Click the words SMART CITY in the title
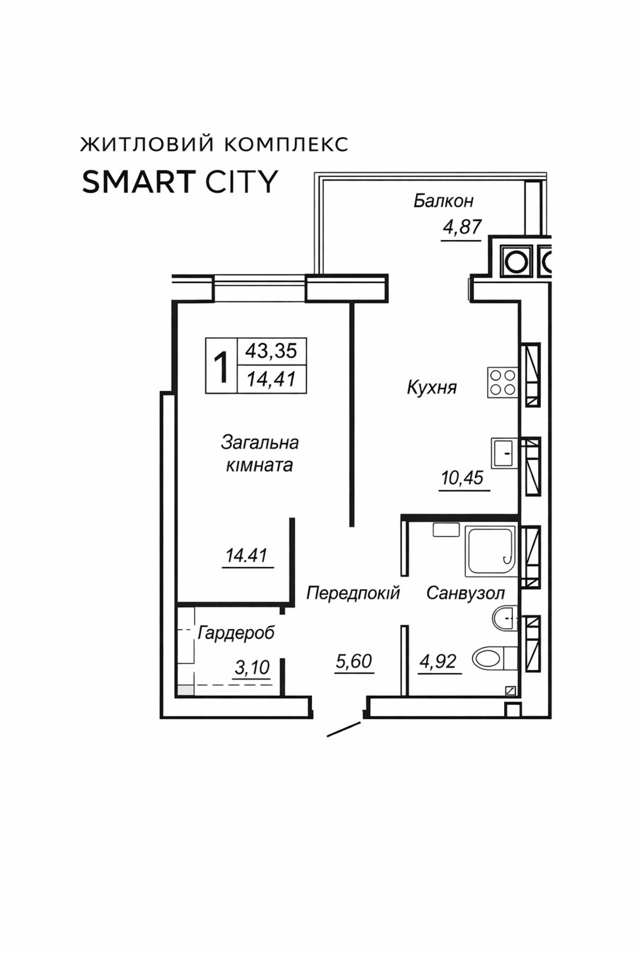[180, 182]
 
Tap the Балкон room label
[443, 201]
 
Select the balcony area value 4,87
[462, 227]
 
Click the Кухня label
[432, 388]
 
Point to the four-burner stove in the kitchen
[503, 382]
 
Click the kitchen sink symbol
[505, 453]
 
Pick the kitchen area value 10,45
[462, 478]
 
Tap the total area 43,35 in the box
[271, 351]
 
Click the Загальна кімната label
[259, 454]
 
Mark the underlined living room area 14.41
[246, 556]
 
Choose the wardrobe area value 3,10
[252, 668]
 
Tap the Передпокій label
[353, 593]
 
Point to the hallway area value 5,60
[354, 661]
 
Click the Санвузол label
[465, 593]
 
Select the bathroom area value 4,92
[438, 661]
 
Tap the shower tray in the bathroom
[490, 552]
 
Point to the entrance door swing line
[344, 730]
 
